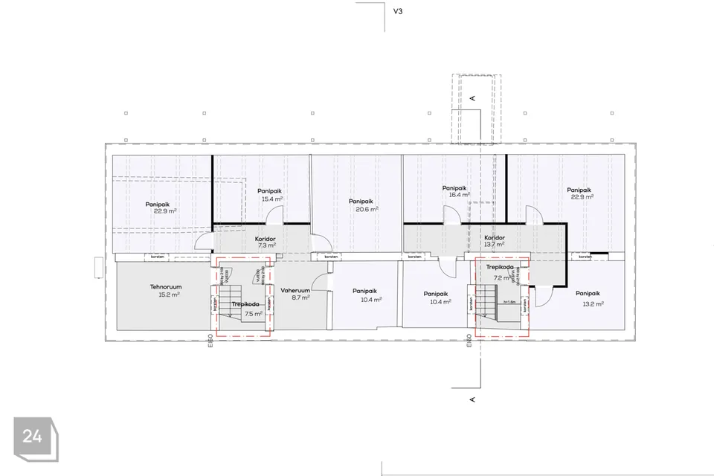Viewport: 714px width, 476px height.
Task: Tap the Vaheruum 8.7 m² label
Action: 295,292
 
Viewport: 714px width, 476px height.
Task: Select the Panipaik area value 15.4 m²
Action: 271,199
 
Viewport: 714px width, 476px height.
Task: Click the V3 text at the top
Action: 397,12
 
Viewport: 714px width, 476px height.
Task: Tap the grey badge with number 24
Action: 32,437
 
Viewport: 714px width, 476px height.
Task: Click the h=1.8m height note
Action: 509,302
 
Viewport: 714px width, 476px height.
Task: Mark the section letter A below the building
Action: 472,399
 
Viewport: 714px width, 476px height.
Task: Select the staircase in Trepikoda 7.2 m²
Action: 487,302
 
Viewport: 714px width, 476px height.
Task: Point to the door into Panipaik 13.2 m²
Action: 541,297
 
